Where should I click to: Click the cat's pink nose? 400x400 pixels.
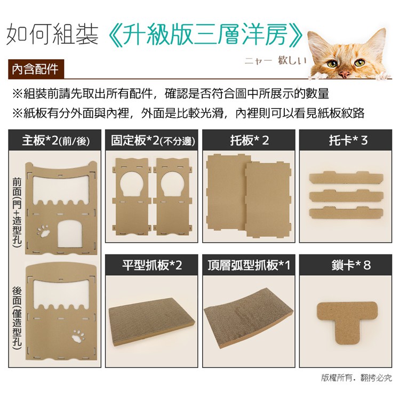pyautogui.click(x=345, y=74)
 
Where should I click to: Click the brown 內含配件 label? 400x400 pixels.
pyautogui.click(x=35, y=69)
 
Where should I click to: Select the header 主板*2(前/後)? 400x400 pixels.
pyautogui.click(x=55, y=140)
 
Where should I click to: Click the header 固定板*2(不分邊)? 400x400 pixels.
pyautogui.click(x=152, y=140)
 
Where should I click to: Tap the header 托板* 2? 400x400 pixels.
pyautogui.click(x=249, y=140)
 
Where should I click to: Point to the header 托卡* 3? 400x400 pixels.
pyautogui.click(x=346, y=140)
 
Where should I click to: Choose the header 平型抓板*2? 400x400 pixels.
pyautogui.click(x=152, y=265)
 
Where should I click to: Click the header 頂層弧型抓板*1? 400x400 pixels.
pyautogui.click(x=249, y=265)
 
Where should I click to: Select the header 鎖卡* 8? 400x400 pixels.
pyautogui.click(x=346, y=265)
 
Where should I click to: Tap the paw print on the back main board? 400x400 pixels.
pyautogui.click(x=78, y=336)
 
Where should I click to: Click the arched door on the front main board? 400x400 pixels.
pyautogui.click(x=70, y=234)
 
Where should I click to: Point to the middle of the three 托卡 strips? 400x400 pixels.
pyautogui.click(x=346, y=196)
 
